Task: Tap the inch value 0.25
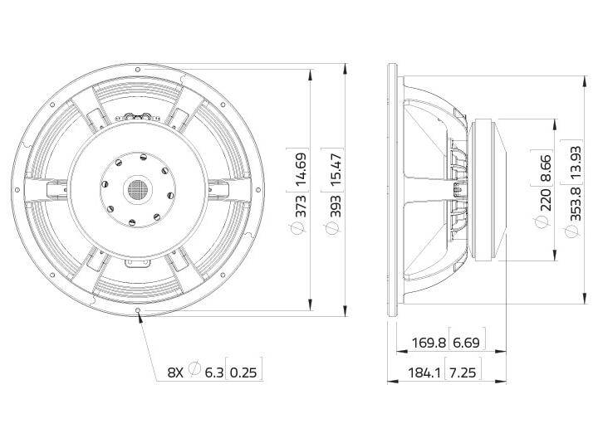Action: (245, 372)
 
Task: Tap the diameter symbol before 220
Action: (544, 224)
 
